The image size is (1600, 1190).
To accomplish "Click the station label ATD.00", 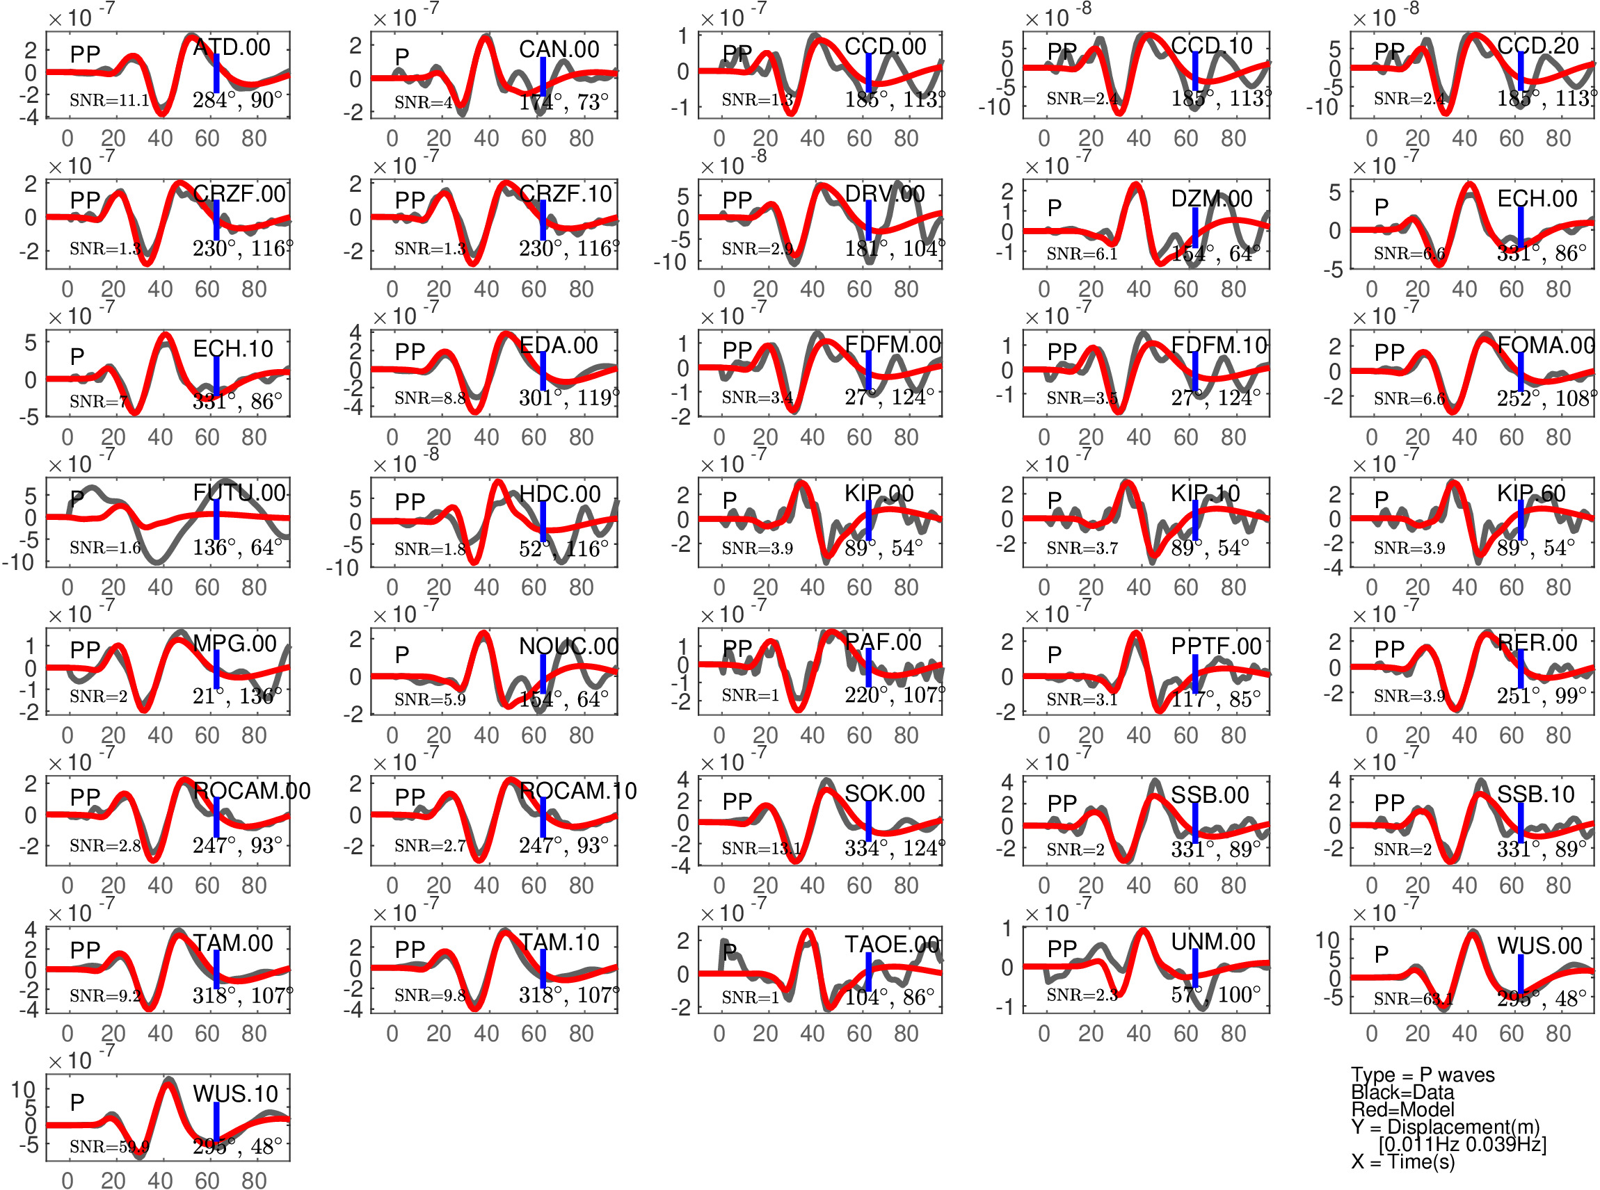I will pos(232,47).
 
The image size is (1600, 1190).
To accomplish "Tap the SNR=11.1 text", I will pos(109,100).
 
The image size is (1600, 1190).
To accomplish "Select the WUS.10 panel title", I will pos(235,1094).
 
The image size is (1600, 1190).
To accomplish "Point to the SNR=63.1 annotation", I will pos(1414,999).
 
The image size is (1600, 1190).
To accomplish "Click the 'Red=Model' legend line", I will pos(1402,1109).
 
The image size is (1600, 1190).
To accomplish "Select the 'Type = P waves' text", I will pos(1423,1075).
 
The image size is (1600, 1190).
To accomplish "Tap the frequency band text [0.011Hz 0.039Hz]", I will pos(1462,1144).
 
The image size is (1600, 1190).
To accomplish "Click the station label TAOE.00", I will pos(893,945).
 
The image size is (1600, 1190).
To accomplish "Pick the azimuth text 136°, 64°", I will pos(237,548).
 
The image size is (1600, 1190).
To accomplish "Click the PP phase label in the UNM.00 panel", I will pos(1062,949).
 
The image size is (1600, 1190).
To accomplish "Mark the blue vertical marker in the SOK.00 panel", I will pos(868,820).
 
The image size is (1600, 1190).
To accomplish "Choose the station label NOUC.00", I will pos(568,647).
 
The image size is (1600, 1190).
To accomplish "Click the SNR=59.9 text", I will pos(109,1147).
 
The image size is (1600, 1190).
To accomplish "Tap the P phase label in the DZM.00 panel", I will pos(1055,208).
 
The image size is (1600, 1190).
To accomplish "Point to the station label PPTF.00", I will pos(1217,647).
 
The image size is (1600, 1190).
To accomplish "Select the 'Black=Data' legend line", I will pos(1402,1092).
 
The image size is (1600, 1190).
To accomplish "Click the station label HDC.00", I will pos(560,494).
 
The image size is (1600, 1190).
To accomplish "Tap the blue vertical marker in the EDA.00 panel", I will pos(543,371).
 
